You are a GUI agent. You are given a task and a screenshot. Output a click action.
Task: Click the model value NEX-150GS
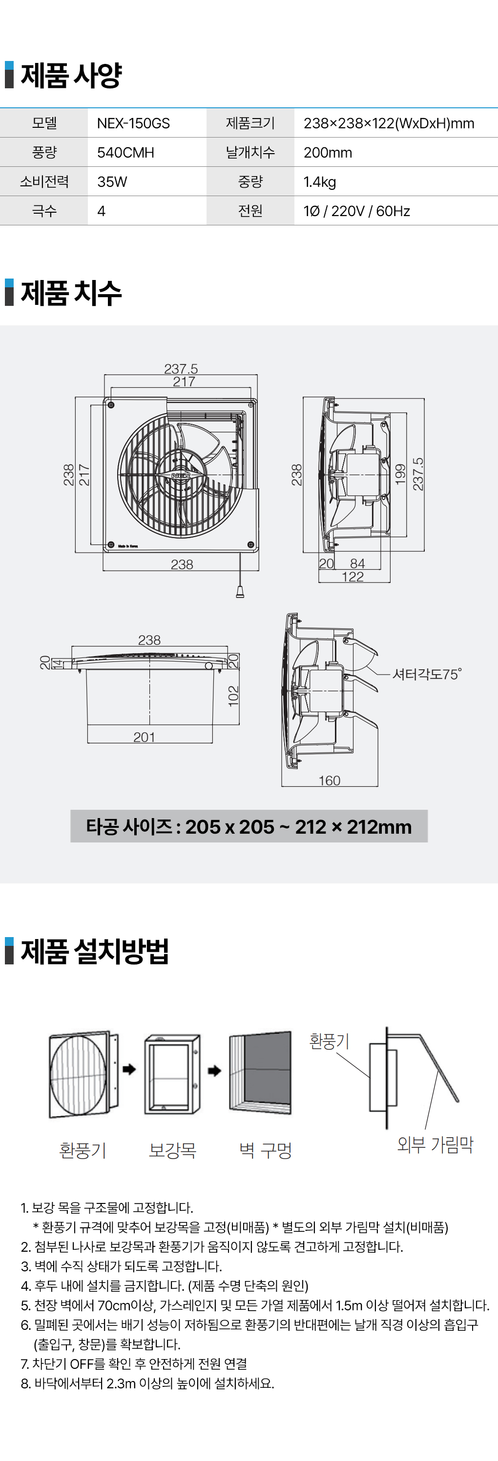coord(133,123)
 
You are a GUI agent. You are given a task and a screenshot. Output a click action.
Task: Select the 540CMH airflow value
coord(125,153)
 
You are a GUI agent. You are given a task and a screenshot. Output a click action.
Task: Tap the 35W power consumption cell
coord(112,181)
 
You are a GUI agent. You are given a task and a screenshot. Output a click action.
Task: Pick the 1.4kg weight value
coord(320,181)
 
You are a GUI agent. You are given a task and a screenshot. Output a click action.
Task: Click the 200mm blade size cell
coord(328,153)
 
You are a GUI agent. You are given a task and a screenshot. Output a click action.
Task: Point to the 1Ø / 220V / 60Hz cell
coord(356,211)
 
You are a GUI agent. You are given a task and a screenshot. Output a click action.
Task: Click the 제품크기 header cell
coord(250,123)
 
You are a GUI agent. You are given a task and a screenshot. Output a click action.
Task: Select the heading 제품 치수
coord(71,293)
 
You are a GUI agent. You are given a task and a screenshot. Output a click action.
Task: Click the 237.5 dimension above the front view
coord(181,369)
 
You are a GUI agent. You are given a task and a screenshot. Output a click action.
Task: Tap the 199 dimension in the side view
coord(400,474)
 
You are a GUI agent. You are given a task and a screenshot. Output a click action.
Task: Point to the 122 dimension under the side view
coord(353,577)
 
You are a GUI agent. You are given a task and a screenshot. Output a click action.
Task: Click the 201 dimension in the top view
coord(144,737)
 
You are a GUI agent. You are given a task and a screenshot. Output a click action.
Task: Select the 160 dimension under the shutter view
coord(330,781)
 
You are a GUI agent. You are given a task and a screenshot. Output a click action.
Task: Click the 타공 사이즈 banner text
coord(249,826)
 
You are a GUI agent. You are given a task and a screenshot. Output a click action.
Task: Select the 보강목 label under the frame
coord(172,1150)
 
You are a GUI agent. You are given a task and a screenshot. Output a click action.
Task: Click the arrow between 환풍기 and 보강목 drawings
coord(129,1069)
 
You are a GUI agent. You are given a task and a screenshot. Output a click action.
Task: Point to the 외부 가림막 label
coord(435,1144)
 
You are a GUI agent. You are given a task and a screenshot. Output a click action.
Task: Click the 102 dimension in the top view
coord(233,696)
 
